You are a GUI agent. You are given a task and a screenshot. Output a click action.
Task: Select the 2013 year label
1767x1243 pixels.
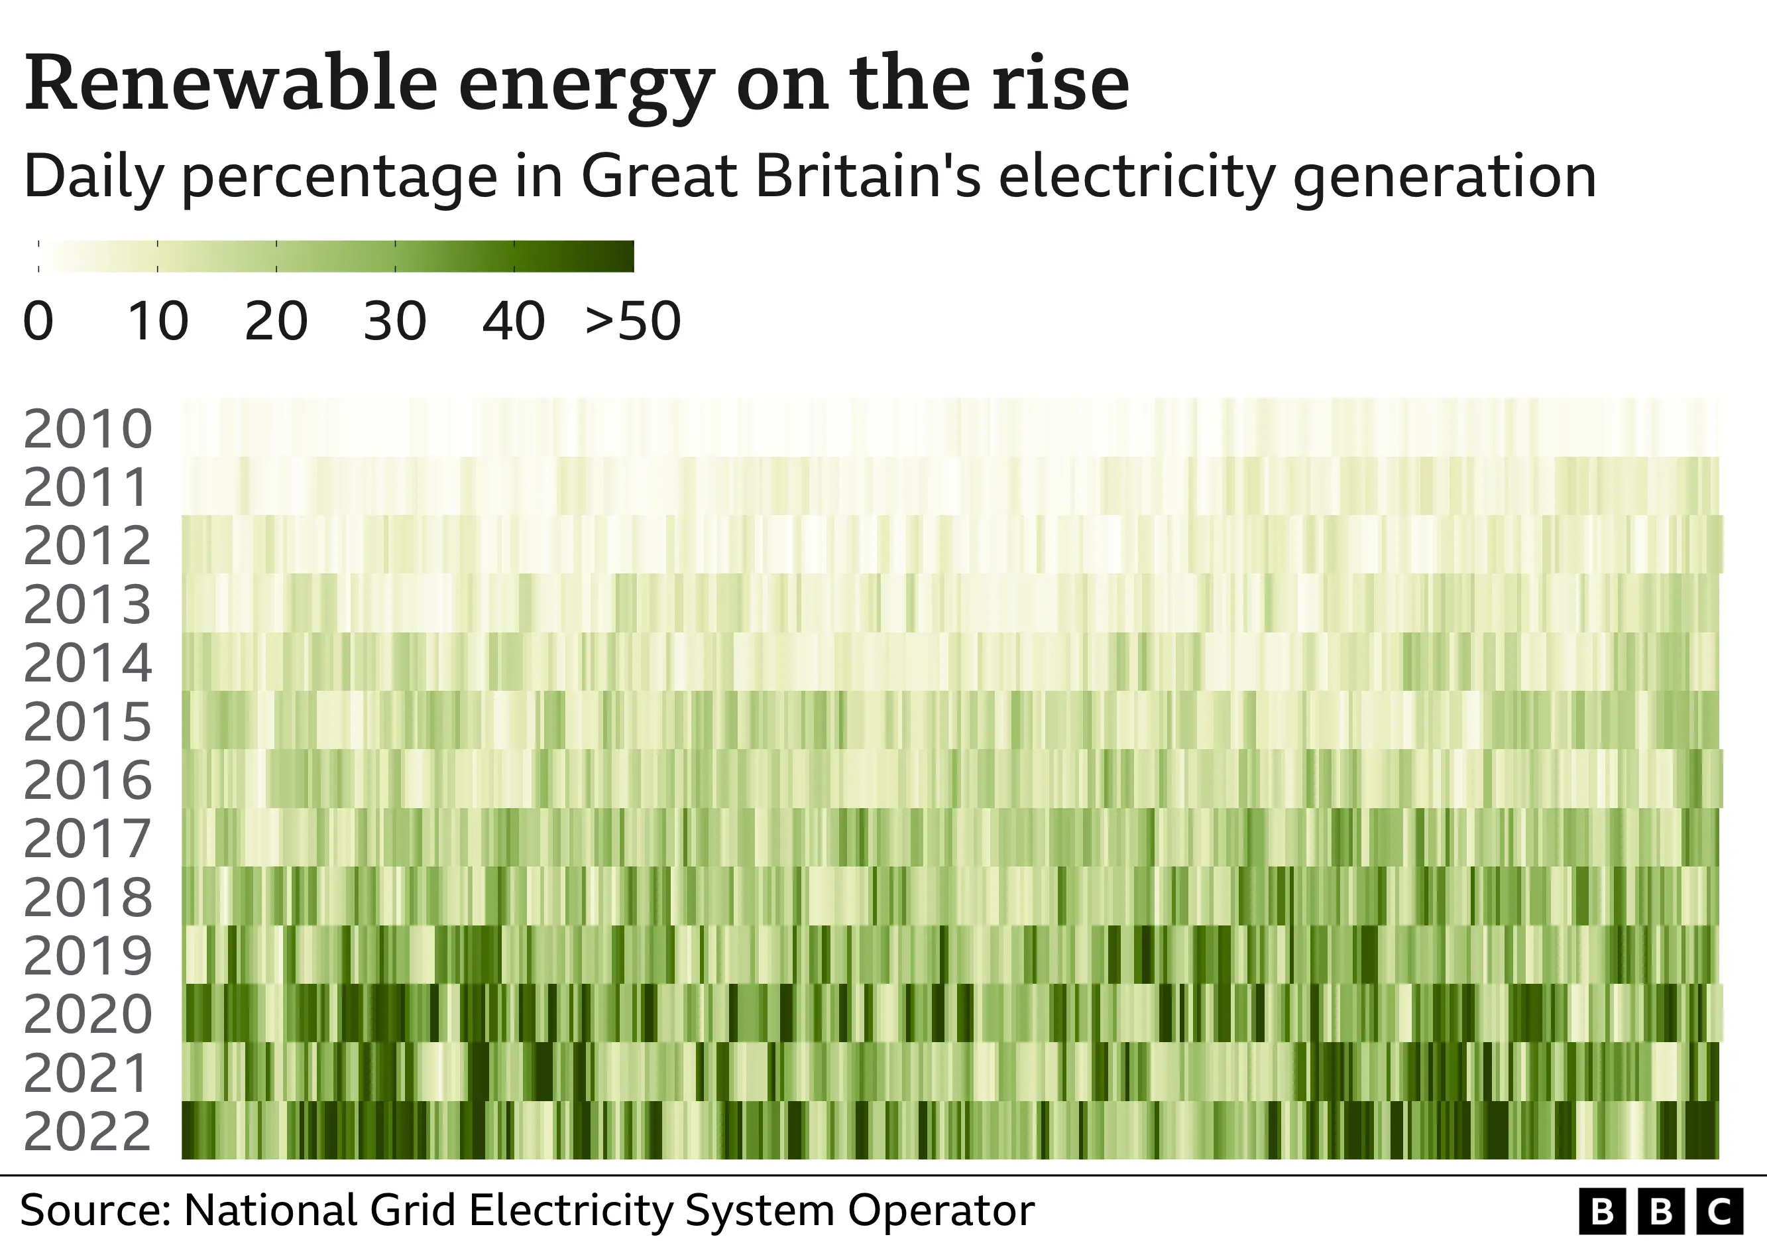(x=87, y=605)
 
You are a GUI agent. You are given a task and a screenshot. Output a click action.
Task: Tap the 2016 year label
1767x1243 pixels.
(x=87, y=780)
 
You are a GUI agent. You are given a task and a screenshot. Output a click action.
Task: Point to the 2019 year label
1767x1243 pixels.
(x=87, y=956)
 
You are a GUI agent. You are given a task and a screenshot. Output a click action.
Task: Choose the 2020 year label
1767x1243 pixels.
(x=87, y=1014)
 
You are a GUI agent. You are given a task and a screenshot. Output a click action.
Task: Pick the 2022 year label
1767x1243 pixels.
(x=87, y=1132)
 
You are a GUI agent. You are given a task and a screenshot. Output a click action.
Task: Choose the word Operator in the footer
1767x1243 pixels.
(x=940, y=1211)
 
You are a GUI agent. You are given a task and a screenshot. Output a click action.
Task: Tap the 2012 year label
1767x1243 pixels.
(x=87, y=546)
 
